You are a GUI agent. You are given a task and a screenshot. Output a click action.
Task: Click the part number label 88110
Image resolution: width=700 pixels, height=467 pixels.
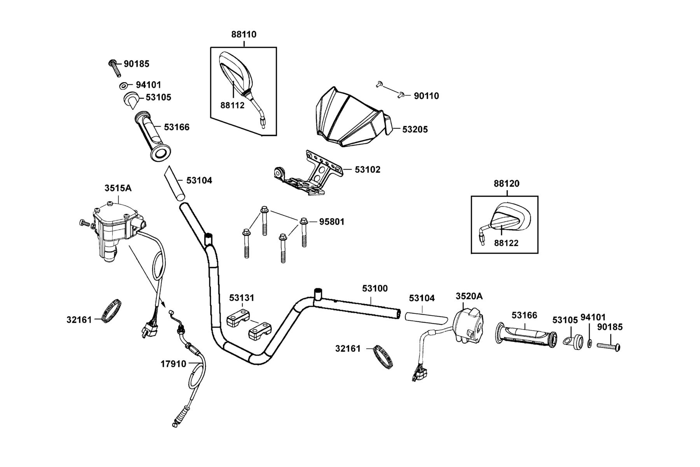(x=244, y=34)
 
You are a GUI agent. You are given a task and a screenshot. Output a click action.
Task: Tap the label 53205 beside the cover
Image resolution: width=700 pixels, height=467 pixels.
(x=415, y=130)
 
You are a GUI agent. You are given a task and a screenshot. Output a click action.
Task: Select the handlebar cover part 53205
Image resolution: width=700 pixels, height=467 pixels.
(x=354, y=117)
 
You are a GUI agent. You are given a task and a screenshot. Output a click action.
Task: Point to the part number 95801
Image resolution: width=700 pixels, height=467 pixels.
(x=332, y=222)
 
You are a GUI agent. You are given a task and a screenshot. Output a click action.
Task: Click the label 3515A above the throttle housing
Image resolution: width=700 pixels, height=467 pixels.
(x=118, y=188)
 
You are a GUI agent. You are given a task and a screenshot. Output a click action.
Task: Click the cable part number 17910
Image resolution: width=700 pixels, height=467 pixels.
(x=173, y=364)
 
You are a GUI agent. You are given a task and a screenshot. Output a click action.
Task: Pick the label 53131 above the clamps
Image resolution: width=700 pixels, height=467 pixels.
(x=241, y=298)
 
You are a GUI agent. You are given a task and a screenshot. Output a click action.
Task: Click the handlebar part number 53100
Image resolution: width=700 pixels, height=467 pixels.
(x=375, y=288)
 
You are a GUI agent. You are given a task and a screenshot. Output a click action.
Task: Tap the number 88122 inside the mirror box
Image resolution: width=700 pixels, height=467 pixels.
(x=506, y=243)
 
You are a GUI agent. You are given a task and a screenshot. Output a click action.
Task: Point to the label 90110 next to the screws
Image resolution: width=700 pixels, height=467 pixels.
(x=426, y=96)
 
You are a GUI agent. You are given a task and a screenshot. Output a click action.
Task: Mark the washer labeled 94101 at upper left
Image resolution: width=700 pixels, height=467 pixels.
(x=123, y=86)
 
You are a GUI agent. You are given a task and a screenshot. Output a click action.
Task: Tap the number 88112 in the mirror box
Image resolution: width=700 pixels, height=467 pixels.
(x=232, y=105)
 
